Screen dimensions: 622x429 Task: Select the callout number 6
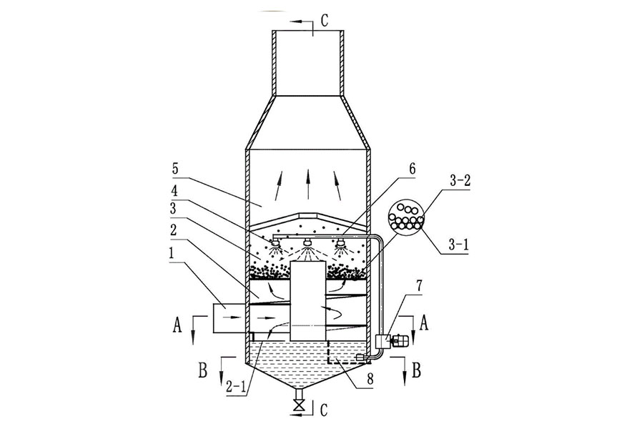point(413,169)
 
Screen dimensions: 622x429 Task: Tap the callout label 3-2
point(460,181)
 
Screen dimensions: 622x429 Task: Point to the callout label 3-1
point(458,244)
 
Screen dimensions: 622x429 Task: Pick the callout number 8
point(370,379)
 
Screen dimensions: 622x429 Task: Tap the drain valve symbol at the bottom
point(298,405)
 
